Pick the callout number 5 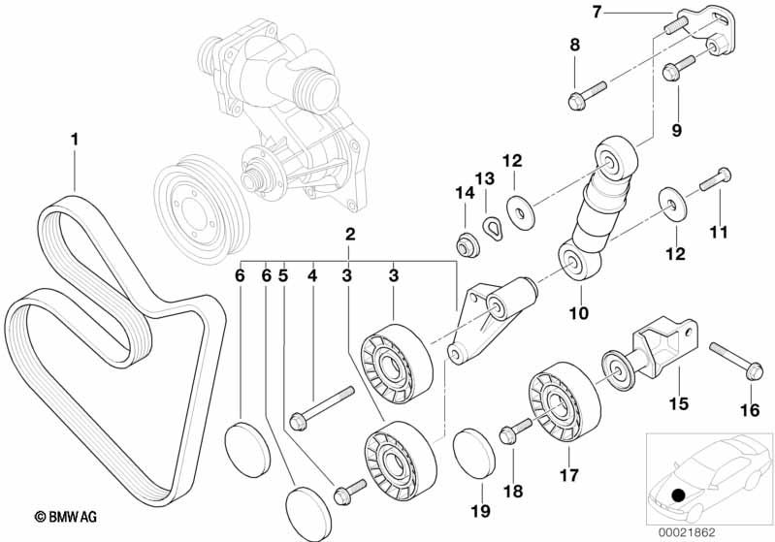coord(283,274)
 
